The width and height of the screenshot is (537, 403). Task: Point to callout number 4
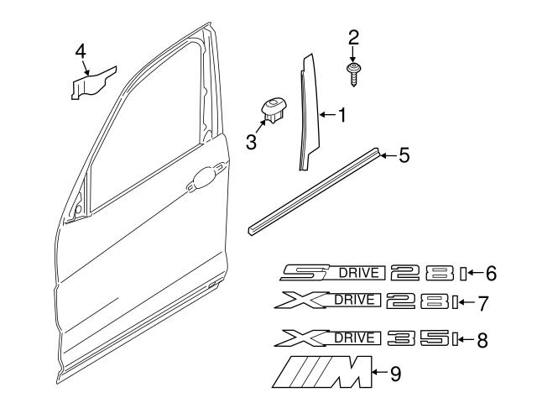coord(81,52)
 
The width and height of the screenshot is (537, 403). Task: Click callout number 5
coord(404,154)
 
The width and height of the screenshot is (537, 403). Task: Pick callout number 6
coord(491,273)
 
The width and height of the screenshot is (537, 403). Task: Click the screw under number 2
coord(353,71)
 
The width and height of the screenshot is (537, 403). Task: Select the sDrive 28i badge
coord(369,273)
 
